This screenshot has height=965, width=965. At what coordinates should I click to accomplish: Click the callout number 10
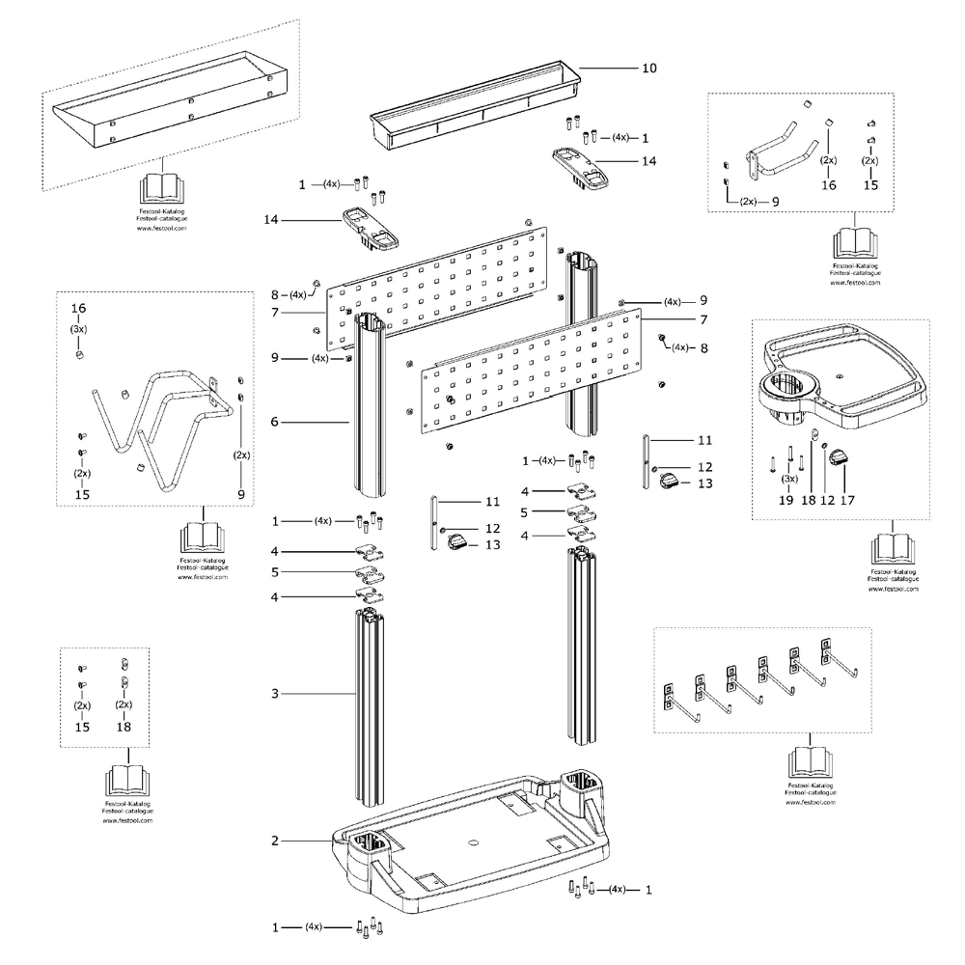tap(648, 69)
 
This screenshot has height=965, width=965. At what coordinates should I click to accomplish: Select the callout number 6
tap(275, 422)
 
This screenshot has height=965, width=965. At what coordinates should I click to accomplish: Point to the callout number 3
tap(275, 693)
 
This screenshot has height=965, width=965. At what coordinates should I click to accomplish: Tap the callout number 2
tap(275, 841)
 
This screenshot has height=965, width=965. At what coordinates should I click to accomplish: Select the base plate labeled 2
tap(473, 849)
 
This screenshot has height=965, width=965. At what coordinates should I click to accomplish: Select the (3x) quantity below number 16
tap(78, 329)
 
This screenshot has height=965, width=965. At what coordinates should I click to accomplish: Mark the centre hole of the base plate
tap(473, 841)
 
